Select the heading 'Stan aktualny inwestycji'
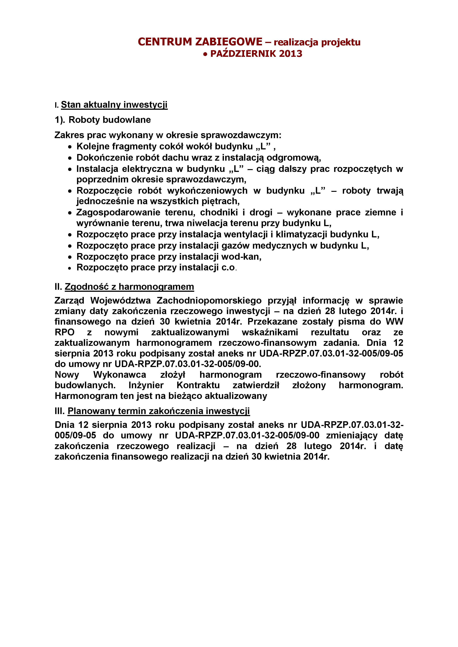click(114, 105)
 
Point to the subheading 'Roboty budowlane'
click(110, 120)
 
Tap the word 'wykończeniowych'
click(207, 191)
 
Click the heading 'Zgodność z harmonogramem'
click(129, 287)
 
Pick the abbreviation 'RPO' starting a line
click(65, 332)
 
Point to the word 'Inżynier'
click(146, 385)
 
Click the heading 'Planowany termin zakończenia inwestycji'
click(159, 411)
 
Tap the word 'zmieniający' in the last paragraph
click(352, 435)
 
